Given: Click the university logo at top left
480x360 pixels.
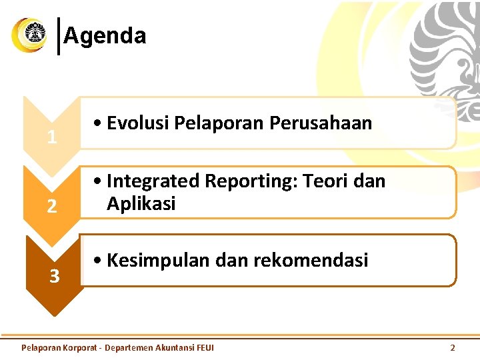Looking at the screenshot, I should (29, 35).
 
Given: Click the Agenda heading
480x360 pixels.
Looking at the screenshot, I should (105, 35).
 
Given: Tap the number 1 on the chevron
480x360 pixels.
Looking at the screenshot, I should (51, 138).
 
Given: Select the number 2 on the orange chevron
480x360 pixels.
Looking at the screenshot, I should (51, 207).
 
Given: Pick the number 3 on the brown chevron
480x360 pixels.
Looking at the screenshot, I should (54, 275).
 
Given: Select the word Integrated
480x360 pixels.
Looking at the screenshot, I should (153, 181).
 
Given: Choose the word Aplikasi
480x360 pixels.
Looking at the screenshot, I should (141, 204).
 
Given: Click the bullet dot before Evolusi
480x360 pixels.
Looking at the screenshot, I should (98, 124).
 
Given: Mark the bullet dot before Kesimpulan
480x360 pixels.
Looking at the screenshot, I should (98, 261).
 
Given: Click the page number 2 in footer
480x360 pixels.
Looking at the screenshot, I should (453, 347).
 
